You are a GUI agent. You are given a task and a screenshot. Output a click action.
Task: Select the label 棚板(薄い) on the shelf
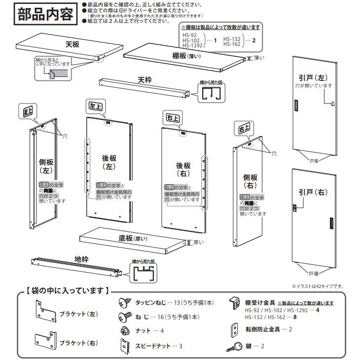(186, 56)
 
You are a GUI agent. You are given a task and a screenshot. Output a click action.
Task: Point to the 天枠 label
(145, 80)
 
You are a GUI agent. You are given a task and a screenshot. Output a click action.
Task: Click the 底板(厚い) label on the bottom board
(133, 238)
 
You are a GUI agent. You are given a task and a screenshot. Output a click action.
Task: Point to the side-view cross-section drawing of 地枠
(144, 272)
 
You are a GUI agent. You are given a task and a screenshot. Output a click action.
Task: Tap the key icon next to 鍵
(234, 347)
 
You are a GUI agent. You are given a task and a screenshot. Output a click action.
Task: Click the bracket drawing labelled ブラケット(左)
(43, 312)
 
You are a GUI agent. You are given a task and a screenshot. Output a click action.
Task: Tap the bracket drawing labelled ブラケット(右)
(43, 340)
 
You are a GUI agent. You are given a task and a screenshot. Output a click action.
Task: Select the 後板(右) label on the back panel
(183, 170)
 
